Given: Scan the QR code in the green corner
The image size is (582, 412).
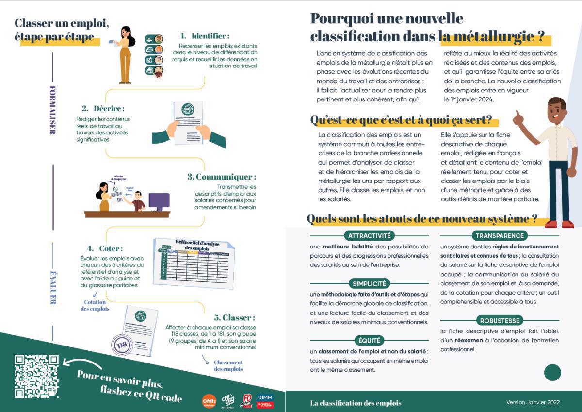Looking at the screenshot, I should pyautogui.click(x=36, y=376).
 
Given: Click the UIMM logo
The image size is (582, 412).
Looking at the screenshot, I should pyautogui.click(x=265, y=400).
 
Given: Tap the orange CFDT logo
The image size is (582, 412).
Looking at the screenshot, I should pyautogui.click(x=209, y=401).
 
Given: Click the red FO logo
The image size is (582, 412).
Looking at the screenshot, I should pyautogui.click(x=246, y=401).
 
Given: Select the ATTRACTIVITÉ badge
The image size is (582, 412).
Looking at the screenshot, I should pyautogui.click(x=369, y=236).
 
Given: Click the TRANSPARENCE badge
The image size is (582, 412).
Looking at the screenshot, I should pyautogui.click(x=500, y=236).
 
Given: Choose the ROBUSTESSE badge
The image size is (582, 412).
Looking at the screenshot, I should pyautogui.click(x=500, y=320).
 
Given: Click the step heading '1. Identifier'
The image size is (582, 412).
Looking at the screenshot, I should pyautogui.click(x=205, y=36).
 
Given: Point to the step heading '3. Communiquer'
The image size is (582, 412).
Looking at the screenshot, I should pyautogui.click(x=222, y=177).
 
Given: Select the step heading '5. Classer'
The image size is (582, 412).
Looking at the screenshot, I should pyautogui.click(x=234, y=318).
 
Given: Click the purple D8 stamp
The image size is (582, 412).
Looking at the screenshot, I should pyautogui.click(x=121, y=346).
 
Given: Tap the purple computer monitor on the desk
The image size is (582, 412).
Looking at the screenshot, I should pyautogui.click(x=159, y=201).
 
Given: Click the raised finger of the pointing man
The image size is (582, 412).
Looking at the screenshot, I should pyautogui.click(x=517, y=115).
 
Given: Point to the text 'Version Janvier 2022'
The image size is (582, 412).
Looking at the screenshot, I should pyautogui.click(x=533, y=402).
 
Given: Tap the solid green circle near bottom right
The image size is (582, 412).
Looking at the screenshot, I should pyautogui.click(x=552, y=373).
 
